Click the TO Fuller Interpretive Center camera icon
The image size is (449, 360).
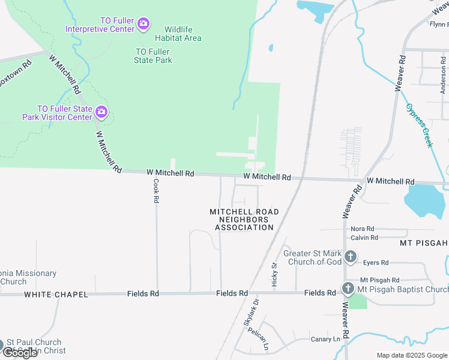(143, 24)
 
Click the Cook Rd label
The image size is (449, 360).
(156, 191)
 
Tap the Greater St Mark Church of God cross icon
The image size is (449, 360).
(351, 257)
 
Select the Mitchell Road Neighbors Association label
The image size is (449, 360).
(244, 220)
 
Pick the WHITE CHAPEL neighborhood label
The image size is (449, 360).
(56, 295)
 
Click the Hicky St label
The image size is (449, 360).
(275, 274)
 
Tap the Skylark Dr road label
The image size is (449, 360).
(250, 313)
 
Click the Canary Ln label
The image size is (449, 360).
(325, 339)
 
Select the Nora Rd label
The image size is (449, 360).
(363, 229)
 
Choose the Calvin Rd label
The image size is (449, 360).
(364, 238)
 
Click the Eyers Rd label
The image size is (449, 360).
(376, 262)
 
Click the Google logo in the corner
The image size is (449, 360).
(20, 353)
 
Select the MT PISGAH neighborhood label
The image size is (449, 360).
(424, 243)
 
